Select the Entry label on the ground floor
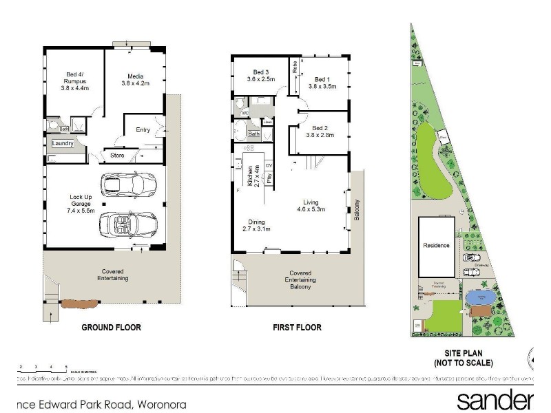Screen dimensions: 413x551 143,130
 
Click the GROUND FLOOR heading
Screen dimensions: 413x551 112,328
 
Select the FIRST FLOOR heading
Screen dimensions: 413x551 298,328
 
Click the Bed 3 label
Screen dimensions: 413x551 260,76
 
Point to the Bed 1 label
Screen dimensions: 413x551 322,83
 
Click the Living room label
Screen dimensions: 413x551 311,205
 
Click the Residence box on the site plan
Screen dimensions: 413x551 436,245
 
